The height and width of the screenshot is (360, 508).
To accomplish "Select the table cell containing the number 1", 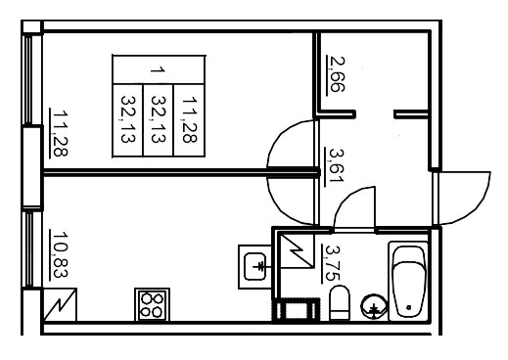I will [159, 71].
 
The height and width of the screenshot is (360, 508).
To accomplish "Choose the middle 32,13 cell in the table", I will [159, 118].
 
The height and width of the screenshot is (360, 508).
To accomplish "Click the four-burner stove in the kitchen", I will [151, 304].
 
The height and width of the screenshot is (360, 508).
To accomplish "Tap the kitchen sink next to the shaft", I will [256, 263].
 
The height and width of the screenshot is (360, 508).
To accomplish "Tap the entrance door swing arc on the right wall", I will [464, 197].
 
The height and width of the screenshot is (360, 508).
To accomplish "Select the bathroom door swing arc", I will [354, 207].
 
